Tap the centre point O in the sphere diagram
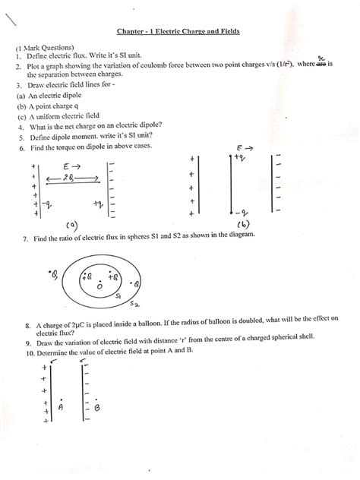[x=99, y=286]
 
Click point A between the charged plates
[x=60, y=406]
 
